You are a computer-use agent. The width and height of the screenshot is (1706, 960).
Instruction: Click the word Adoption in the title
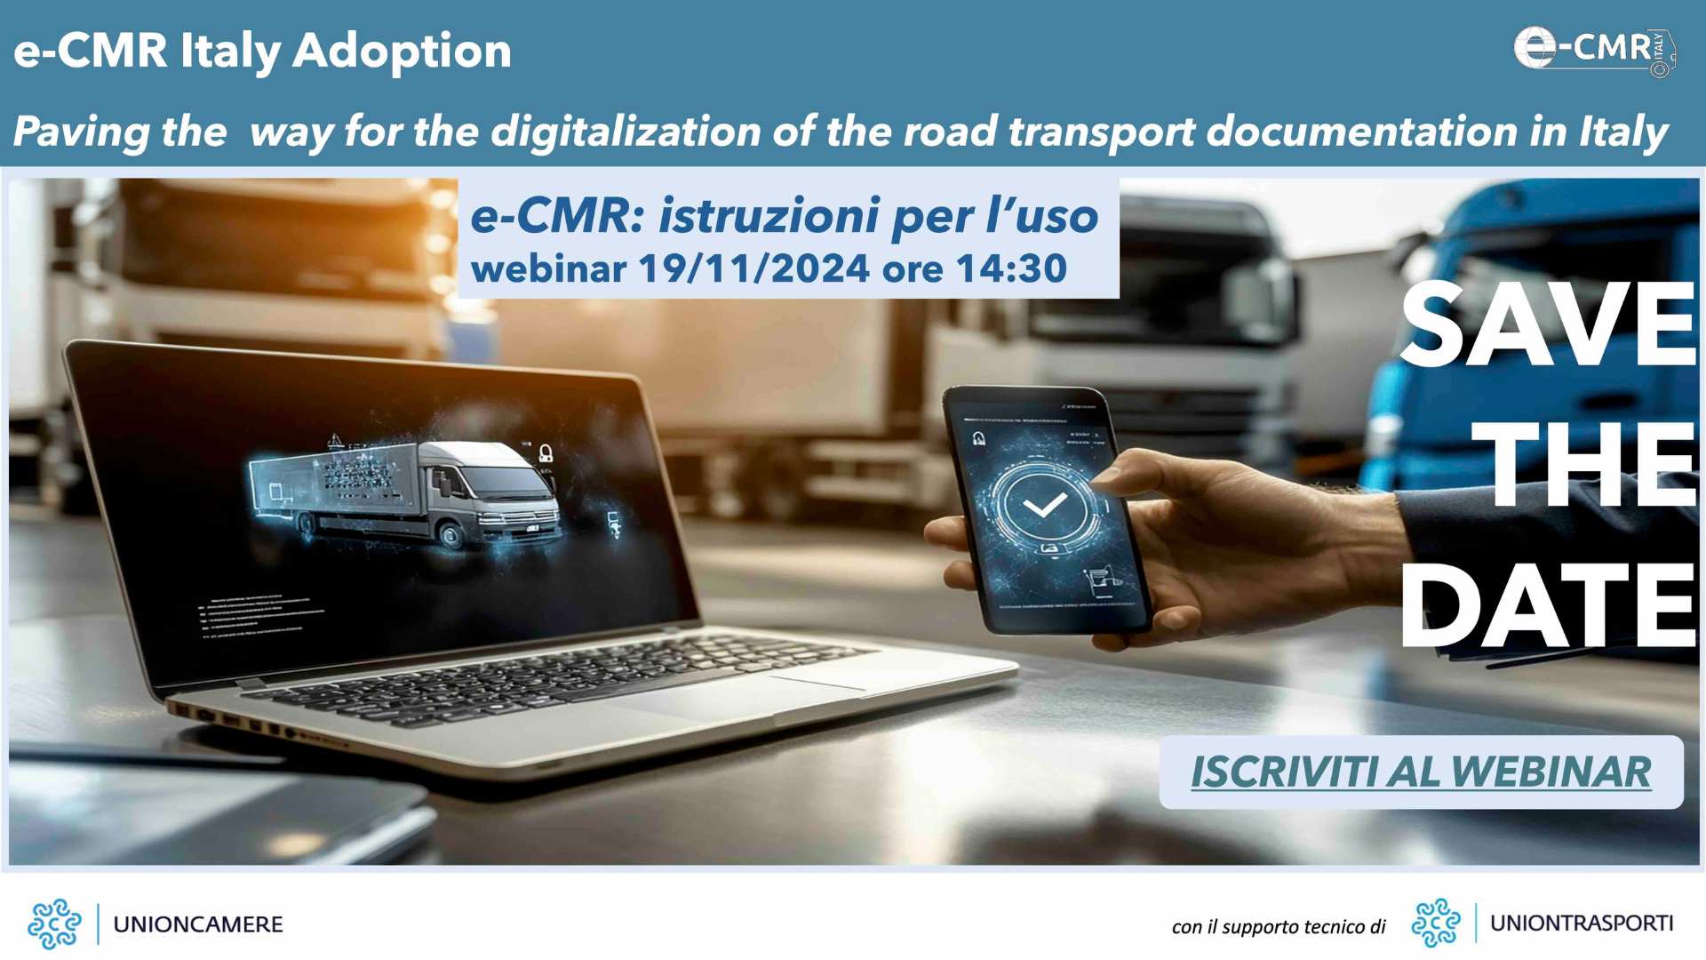click(402, 51)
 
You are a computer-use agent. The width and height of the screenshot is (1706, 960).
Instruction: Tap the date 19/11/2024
click(753, 268)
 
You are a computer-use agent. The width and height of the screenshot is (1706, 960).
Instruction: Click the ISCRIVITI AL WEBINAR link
click(1420, 772)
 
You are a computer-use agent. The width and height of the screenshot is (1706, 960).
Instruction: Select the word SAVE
click(1548, 324)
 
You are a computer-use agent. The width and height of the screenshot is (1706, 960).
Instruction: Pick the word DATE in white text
click(1548, 607)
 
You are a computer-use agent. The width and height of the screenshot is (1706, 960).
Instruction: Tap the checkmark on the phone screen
click(1044, 505)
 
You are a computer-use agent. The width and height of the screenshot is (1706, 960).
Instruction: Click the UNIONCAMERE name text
click(198, 924)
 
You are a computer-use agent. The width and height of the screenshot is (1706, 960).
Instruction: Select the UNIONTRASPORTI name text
click(1582, 924)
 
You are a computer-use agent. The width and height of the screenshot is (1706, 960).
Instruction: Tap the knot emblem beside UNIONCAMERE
click(54, 924)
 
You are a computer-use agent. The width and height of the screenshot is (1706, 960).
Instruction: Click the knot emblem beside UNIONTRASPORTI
click(1436, 924)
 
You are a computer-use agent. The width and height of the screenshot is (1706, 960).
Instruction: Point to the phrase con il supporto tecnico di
click(1279, 927)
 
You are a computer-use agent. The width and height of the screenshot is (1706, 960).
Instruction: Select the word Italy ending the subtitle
click(1623, 132)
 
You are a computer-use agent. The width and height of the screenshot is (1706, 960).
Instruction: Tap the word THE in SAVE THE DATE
click(1582, 465)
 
